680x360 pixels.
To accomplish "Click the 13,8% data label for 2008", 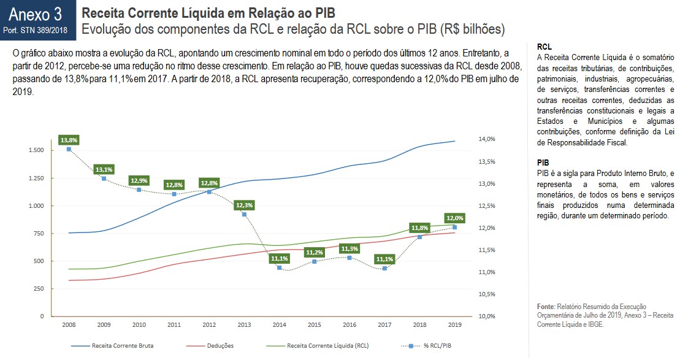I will (69, 140).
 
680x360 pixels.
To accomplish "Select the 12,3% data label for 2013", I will (244, 205).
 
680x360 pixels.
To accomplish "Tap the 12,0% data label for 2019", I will (454, 218).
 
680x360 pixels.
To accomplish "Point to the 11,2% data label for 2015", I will (314, 252).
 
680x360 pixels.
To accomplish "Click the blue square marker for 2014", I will (279, 267).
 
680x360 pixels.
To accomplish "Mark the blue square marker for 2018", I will (419, 237).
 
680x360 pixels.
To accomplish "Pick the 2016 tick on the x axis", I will (349, 324).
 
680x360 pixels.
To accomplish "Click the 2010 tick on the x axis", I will (139, 324).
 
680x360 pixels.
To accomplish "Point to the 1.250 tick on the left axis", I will (35, 178).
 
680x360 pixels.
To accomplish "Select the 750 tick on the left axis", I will (38, 233).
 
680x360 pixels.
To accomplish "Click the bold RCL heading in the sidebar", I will (543, 47).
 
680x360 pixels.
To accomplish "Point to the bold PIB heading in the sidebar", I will (543, 163).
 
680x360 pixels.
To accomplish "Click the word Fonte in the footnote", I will (545, 306).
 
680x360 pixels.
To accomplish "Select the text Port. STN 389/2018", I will (36, 29).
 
